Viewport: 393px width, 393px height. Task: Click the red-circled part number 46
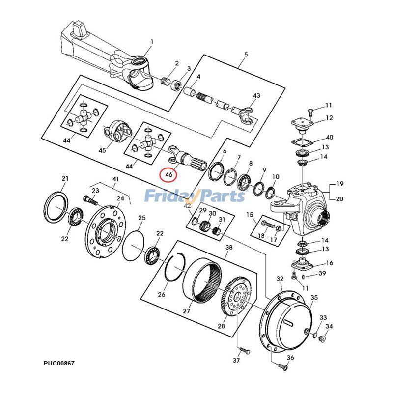[169, 174]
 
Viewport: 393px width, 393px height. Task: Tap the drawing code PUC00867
[58, 364]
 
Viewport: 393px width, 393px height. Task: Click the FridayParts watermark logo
[195, 196]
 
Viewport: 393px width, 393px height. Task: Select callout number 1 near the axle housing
[152, 42]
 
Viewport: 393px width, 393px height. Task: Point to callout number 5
[246, 54]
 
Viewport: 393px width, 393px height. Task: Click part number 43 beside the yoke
[256, 95]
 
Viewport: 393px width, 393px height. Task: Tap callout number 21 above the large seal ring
[64, 178]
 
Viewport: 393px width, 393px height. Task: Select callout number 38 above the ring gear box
[228, 248]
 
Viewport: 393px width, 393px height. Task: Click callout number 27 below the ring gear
[187, 311]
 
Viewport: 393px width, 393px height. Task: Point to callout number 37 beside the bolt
[236, 361]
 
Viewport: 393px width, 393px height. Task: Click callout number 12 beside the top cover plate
[329, 118]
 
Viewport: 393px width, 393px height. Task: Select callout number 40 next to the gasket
[329, 137]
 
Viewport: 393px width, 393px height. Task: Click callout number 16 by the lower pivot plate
[329, 263]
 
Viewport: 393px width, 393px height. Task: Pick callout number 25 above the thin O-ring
[141, 218]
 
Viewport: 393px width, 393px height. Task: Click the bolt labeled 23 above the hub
[89, 200]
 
